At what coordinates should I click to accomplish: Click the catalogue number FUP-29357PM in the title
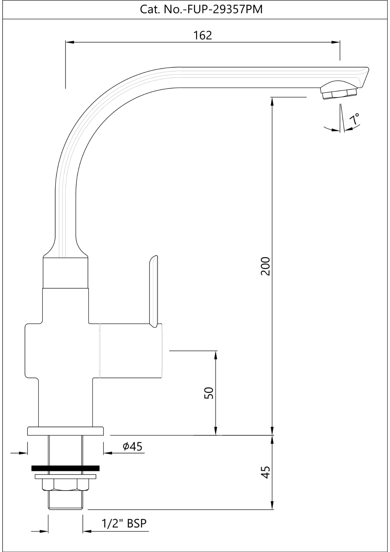coord(225,9)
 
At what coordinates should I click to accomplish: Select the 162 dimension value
coord(202,35)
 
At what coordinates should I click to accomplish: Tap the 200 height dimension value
coord(265,266)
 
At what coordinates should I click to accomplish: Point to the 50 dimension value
coord(209,393)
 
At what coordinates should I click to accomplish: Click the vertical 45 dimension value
coord(265,472)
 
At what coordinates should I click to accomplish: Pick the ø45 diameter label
coord(132,446)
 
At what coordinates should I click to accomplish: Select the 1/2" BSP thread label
coord(124,523)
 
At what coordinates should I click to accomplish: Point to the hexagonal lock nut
coord(65,484)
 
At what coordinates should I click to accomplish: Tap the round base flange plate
coord(65,431)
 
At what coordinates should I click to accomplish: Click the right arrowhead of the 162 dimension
coord(336,42)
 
